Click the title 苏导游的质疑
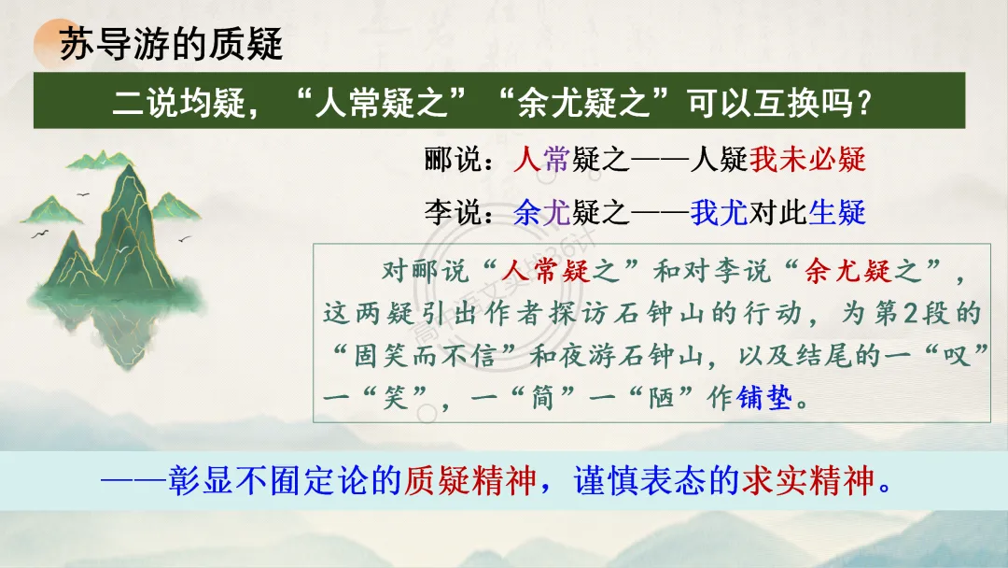coord(171,45)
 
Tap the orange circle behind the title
coord(59,43)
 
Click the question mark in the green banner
coord(864,103)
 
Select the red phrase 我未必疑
coord(807,160)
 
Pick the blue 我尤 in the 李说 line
coord(719,213)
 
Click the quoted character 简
coord(543,398)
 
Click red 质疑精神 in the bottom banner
coord(469,481)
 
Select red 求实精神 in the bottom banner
coord(808,481)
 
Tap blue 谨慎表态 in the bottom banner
coord(639,481)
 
